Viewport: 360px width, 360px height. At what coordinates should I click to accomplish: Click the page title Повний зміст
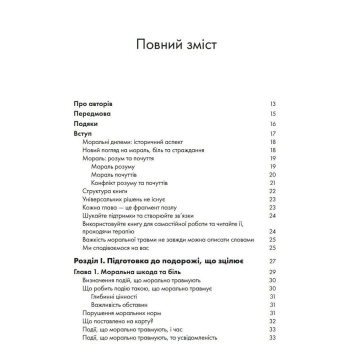tap(180, 46)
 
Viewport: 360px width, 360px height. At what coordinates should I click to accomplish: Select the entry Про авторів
tap(92, 104)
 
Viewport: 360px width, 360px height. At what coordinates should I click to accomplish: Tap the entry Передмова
tap(92, 114)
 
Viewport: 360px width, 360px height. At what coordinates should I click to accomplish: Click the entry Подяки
tap(85, 124)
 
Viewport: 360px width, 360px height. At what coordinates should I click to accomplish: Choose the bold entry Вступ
tap(83, 134)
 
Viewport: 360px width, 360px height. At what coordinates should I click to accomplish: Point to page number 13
tap(272, 104)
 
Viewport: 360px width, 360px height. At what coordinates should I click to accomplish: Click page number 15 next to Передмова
tap(272, 114)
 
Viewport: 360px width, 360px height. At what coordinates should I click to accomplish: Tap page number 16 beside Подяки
tap(272, 124)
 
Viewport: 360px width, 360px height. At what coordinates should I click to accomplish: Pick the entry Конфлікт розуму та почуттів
tap(133, 183)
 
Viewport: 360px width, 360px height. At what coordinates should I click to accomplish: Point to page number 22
tap(272, 191)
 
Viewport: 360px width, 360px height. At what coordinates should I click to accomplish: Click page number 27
tap(272, 261)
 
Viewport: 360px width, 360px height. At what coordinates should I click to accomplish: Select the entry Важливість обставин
tap(119, 304)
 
